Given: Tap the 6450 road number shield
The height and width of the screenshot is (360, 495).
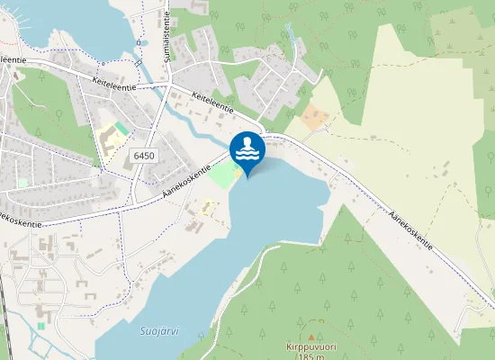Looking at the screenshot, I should (x=143, y=156).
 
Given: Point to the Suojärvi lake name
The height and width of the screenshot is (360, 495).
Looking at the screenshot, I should (x=160, y=331).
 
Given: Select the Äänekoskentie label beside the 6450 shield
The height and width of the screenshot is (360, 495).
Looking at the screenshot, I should (x=187, y=180).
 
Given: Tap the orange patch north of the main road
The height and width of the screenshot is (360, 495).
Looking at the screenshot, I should (x=314, y=117).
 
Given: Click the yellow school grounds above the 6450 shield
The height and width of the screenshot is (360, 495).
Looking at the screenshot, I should (x=108, y=142).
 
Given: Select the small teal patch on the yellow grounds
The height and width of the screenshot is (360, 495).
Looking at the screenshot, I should (x=121, y=130).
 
